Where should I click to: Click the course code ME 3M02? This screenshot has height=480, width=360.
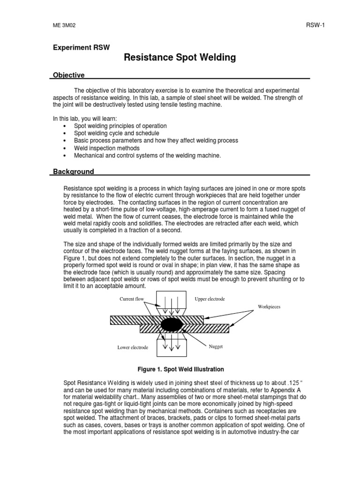coord(64,25)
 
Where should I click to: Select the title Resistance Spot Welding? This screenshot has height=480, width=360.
coord(180,58)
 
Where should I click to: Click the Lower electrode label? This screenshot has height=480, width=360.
coord(133,347)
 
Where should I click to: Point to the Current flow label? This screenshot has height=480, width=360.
coord(132,299)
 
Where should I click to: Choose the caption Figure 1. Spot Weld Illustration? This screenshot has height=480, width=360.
coord(180,369)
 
